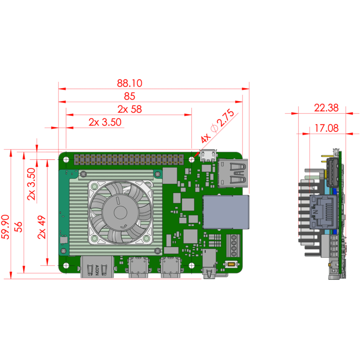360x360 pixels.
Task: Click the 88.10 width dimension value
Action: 130,83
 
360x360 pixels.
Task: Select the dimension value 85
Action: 130,96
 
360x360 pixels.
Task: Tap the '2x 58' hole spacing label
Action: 130,109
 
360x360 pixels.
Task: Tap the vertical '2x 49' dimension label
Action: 42,227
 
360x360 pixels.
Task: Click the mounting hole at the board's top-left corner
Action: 67,159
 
